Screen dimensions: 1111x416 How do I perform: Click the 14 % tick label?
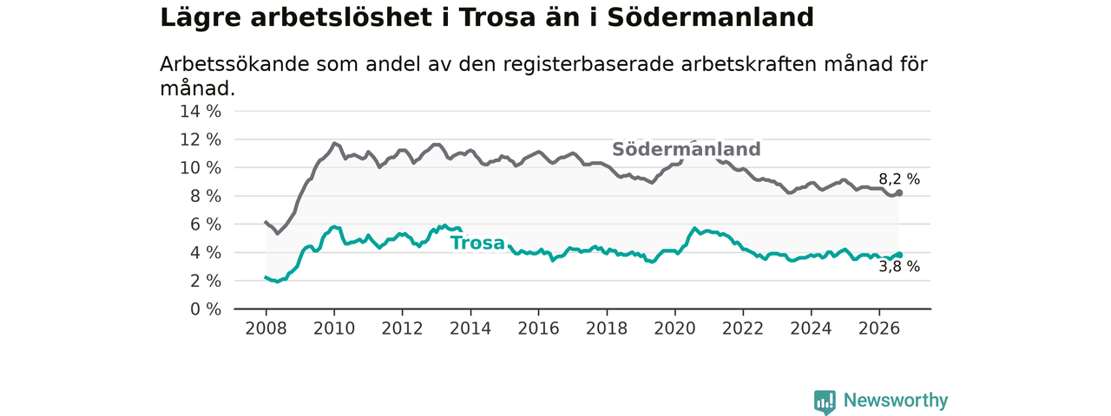[x=201, y=112]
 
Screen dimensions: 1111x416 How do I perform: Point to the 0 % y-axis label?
[x=206, y=309]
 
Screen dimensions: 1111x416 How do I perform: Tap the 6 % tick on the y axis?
[x=206, y=224]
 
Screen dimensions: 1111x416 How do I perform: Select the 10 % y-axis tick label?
[x=201, y=168]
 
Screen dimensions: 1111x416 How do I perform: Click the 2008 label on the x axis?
[x=266, y=328]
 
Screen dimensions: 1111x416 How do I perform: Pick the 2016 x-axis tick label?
[x=539, y=328]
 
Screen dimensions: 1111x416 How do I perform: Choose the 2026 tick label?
[x=879, y=328]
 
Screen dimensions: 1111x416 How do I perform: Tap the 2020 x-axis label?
[x=674, y=328]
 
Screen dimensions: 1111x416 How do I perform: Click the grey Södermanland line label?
[x=686, y=149]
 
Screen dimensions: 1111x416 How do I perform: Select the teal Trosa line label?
[x=477, y=244]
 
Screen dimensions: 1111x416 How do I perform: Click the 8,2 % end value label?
[x=899, y=179]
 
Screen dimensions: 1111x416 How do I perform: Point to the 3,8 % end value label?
[x=899, y=267]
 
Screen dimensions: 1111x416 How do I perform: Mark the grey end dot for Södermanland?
[x=899, y=192]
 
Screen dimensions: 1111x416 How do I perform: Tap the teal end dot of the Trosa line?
[x=899, y=255]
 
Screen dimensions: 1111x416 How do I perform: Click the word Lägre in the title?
[x=201, y=18]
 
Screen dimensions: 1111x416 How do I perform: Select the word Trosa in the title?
[x=497, y=17]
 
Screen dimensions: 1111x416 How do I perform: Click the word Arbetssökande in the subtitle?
[x=234, y=64]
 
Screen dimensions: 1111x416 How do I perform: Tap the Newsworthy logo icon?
[x=825, y=401]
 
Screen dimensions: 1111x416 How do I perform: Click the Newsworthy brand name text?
[x=896, y=400]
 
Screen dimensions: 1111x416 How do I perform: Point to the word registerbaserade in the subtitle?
[x=588, y=65]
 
